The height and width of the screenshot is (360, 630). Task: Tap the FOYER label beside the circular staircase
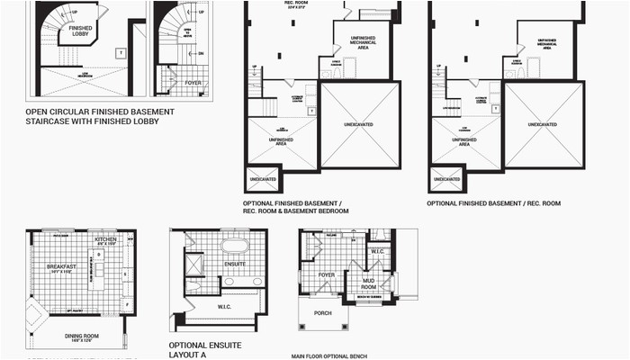[x=192, y=82]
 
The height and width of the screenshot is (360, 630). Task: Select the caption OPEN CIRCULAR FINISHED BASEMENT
[x=100, y=112]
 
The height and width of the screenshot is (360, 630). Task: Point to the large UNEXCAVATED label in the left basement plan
[x=358, y=123]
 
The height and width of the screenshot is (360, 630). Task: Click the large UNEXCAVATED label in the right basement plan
[x=543, y=123]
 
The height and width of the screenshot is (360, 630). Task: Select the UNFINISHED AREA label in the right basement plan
[x=464, y=140]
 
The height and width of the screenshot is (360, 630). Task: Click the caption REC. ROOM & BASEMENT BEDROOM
[x=295, y=211]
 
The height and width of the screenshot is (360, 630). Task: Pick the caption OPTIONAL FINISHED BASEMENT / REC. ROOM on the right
[x=493, y=203]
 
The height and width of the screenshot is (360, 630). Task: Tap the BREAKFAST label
[x=60, y=266]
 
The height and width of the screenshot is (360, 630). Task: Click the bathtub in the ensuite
[x=235, y=245]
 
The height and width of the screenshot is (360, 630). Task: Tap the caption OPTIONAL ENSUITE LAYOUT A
[x=202, y=349]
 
